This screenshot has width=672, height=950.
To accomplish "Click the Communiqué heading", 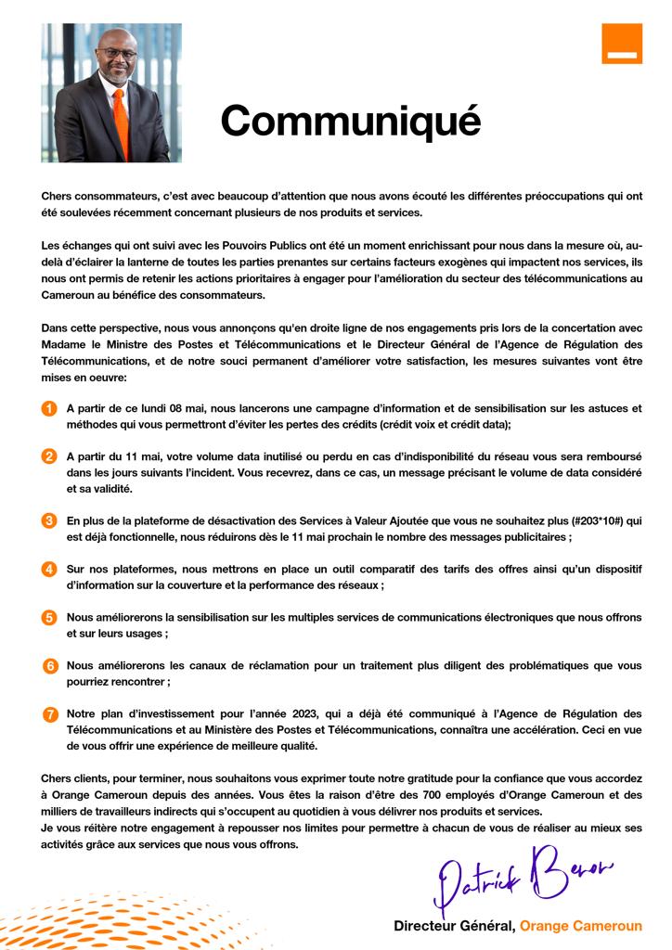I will pos(351,120).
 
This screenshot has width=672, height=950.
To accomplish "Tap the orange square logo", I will pos(621,44).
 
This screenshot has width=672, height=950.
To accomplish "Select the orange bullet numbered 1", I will pos(49,408).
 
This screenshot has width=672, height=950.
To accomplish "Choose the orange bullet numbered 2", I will pos(49,456).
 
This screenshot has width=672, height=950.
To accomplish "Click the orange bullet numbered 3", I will pos(49,520).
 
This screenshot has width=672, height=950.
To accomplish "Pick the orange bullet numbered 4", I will pos(49,569).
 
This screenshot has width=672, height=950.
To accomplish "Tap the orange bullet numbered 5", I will pos(49,617).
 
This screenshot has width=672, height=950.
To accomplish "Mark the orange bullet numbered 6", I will pos(50,665).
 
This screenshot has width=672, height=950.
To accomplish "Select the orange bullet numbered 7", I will pos(49,713).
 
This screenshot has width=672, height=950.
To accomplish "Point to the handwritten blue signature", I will pos(521,877).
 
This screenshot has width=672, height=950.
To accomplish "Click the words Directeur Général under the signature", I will pos(453,926).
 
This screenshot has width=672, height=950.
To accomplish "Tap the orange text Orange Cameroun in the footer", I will pos(580,926).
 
